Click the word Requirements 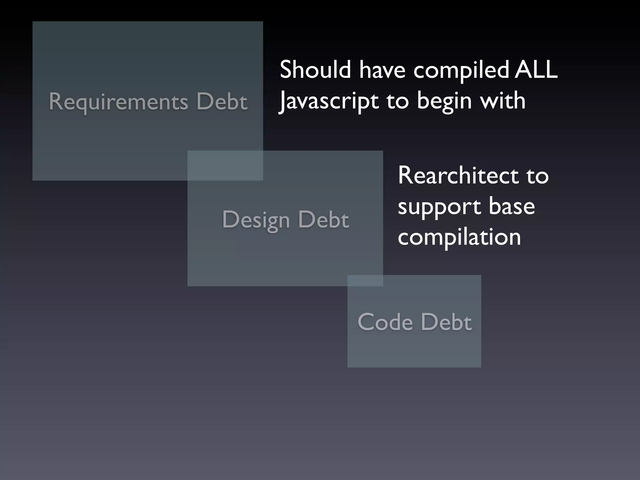pyautogui.click(x=118, y=102)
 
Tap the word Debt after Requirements pyautogui.click(x=222, y=102)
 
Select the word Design pyautogui.click(x=256, y=220)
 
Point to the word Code pyautogui.click(x=385, y=322)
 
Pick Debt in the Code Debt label pyautogui.click(x=446, y=322)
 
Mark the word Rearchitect pyautogui.click(x=458, y=176)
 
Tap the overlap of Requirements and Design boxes pyautogui.click(x=225, y=165)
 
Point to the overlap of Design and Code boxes pyautogui.click(x=365, y=280)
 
